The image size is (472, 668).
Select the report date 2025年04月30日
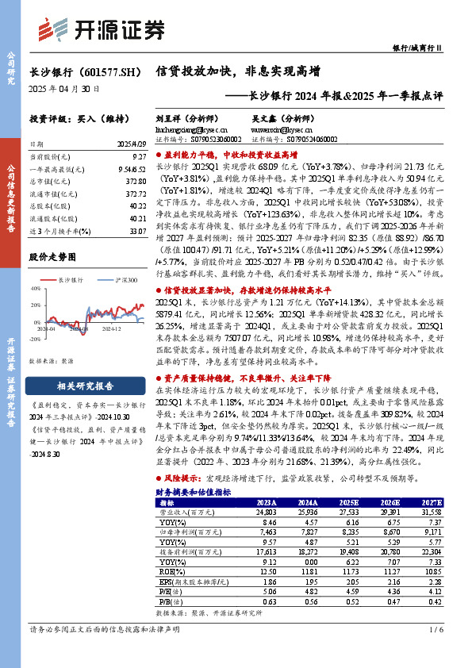point(64,90)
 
